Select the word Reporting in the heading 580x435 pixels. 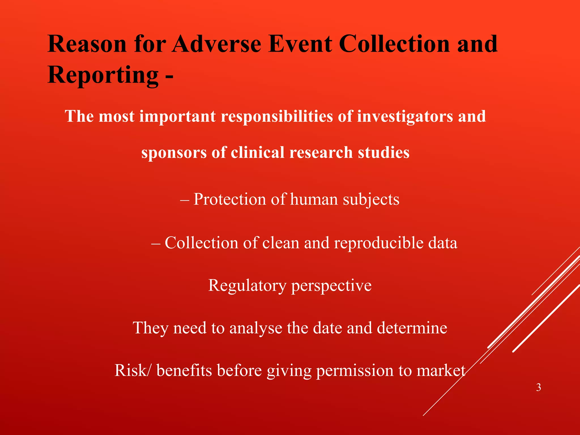(103, 75)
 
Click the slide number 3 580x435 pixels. (538, 387)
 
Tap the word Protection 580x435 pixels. (230, 199)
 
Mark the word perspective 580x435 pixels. (331, 285)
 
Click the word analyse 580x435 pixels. (256, 328)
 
